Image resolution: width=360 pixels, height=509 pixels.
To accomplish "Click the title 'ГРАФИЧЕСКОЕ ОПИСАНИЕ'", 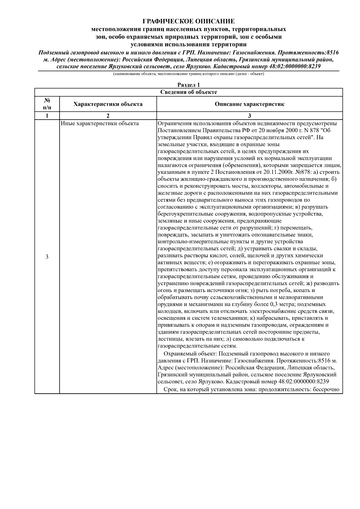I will (x=188, y=22).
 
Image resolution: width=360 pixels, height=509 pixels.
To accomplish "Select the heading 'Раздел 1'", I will (x=188, y=85).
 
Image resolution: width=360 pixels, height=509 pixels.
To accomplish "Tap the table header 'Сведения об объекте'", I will (x=188, y=92).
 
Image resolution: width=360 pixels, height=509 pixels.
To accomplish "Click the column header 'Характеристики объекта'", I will (x=108, y=104).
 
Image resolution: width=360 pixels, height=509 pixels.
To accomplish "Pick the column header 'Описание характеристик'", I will (x=249, y=104).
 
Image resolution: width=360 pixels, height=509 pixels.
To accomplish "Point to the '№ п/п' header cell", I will (x=47, y=104).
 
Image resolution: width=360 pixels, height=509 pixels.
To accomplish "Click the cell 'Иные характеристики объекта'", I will (x=100, y=124).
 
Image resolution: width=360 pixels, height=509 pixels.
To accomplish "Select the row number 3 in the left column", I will (x=47, y=257).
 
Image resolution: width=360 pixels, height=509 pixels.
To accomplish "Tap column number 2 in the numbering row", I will (x=108, y=116).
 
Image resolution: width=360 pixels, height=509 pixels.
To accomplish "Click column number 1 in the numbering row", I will (x=47, y=116).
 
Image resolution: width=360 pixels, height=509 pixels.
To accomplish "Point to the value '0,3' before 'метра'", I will (x=274, y=304).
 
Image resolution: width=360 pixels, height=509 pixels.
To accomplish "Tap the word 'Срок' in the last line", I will (x=170, y=389).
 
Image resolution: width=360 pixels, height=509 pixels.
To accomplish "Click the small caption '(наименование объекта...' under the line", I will (x=188, y=74).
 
